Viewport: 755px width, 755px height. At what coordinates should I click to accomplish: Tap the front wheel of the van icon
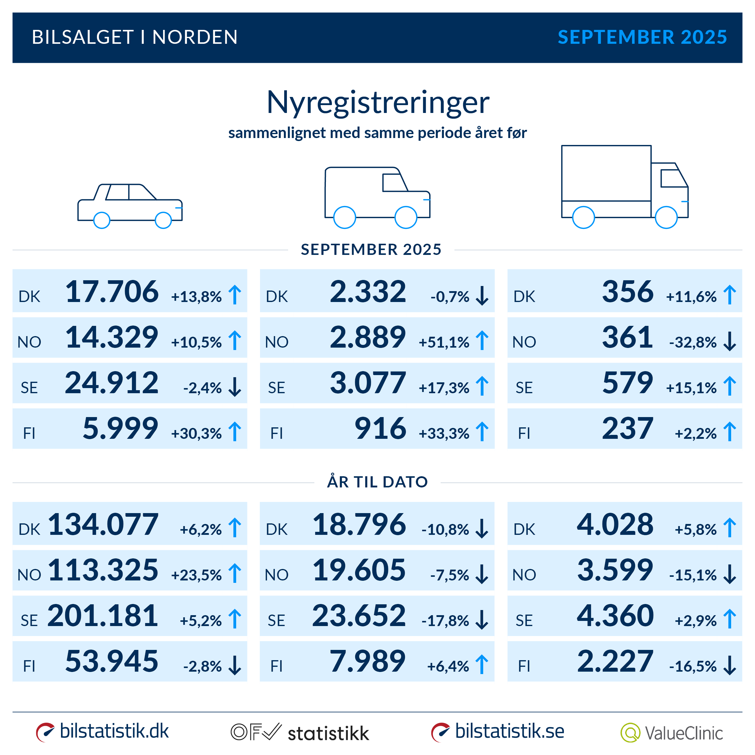pyautogui.click(x=406, y=217)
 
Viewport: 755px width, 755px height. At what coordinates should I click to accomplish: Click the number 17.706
pyautogui.click(x=112, y=291)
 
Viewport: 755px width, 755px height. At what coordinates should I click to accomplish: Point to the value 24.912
pyautogui.click(x=112, y=383)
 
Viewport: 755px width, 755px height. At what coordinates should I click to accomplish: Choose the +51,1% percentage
pyautogui.click(x=444, y=342)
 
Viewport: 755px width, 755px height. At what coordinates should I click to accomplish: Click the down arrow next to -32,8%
pyautogui.click(x=729, y=341)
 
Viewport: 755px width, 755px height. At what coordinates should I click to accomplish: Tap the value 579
pyautogui.click(x=627, y=383)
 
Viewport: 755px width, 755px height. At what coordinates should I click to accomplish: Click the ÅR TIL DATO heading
pyautogui.click(x=377, y=482)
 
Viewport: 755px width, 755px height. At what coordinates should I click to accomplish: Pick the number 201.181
pyautogui.click(x=103, y=615)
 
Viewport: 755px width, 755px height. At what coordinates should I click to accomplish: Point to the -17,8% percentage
pyautogui.click(x=445, y=621)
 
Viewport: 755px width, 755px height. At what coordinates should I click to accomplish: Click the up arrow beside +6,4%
pyautogui.click(x=482, y=664)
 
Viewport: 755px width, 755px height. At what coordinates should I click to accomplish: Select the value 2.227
pyautogui.click(x=615, y=661)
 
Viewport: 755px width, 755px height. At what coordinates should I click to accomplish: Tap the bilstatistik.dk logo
pyautogui.click(x=102, y=731)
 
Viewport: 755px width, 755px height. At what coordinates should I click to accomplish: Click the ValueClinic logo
pyautogui.click(x=671, y=733)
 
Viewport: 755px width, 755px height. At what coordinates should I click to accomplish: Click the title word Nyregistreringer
pyautogui.click(x=377, y=102)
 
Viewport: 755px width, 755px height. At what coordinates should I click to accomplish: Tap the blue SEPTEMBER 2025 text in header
pyautogui.click(x=642, y=37)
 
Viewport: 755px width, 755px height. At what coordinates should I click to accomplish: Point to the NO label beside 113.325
pyautogui.click(x=29, y=575)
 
